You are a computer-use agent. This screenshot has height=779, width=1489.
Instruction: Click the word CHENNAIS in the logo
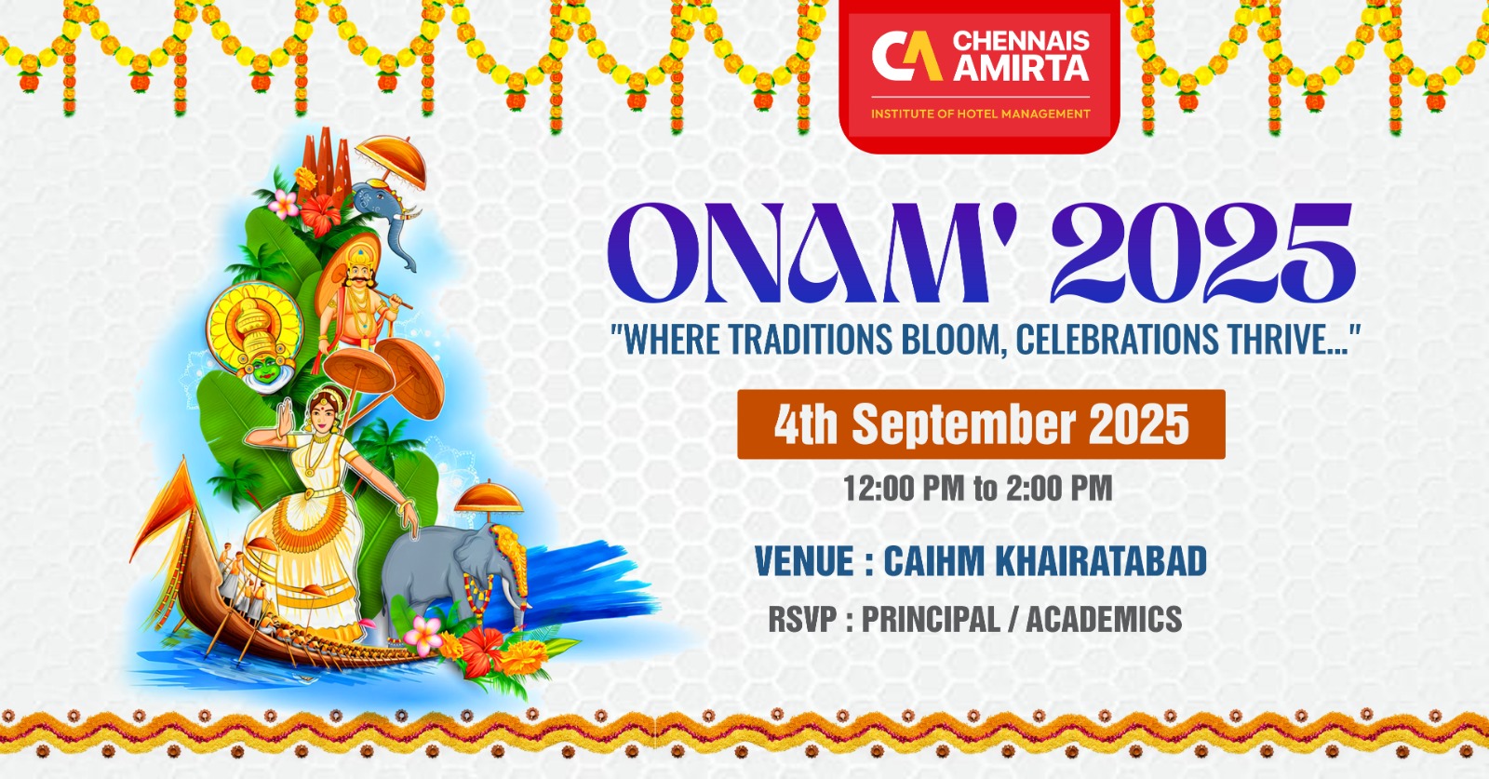click(x=1020, y=41)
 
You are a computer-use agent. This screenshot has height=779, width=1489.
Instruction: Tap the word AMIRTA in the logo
click(x=1020, y=68)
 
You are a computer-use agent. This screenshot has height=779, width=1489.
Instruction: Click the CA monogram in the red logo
click(x=905, y=56)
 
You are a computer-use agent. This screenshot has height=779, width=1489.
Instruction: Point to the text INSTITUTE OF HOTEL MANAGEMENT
click(x=980, y=114)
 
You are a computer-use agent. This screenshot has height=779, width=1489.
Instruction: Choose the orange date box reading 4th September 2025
click(x=981, y=424)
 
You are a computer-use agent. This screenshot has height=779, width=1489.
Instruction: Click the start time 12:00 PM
click(x=903, y=488)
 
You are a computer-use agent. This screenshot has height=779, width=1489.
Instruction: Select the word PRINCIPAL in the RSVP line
click(x=930, y=619)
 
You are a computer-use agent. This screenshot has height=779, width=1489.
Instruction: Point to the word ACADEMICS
click(x=1104, y=619)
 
